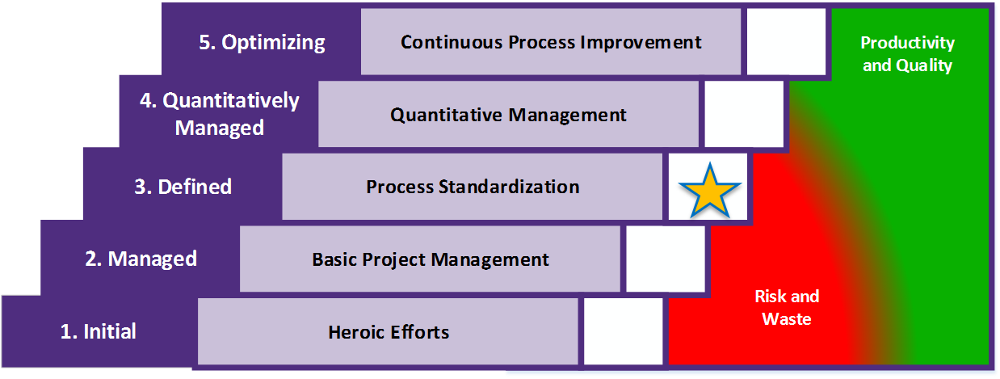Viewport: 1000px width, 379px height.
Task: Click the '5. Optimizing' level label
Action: (262, 42)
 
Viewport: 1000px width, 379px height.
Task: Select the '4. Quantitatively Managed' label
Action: (219, 114)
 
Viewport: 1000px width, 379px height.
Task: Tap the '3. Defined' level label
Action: (183, 187)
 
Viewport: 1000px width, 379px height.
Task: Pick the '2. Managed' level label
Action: (141, 259)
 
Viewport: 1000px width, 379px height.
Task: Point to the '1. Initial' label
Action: (99, 331)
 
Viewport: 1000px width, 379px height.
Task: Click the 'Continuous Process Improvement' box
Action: (551, 41)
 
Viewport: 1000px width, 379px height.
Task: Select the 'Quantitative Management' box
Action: (509, 114)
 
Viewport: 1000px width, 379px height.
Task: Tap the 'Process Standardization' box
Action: (473, 187)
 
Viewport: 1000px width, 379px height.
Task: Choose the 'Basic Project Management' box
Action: (430, 259)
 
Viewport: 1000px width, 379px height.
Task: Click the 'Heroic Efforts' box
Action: (388, 331)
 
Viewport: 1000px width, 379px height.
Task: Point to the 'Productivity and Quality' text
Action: (908, 53)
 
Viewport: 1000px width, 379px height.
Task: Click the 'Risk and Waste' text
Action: (787, 308)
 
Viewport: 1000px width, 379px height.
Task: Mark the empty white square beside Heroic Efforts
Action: (624, 331)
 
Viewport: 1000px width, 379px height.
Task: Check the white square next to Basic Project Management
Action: (666, 259)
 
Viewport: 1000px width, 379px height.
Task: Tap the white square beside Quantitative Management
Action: (744, 114)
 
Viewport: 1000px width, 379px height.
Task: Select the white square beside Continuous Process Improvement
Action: (786, 41)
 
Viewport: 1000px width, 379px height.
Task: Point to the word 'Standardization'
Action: (509, 187)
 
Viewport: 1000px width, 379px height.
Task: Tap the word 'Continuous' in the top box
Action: (452, 42)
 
